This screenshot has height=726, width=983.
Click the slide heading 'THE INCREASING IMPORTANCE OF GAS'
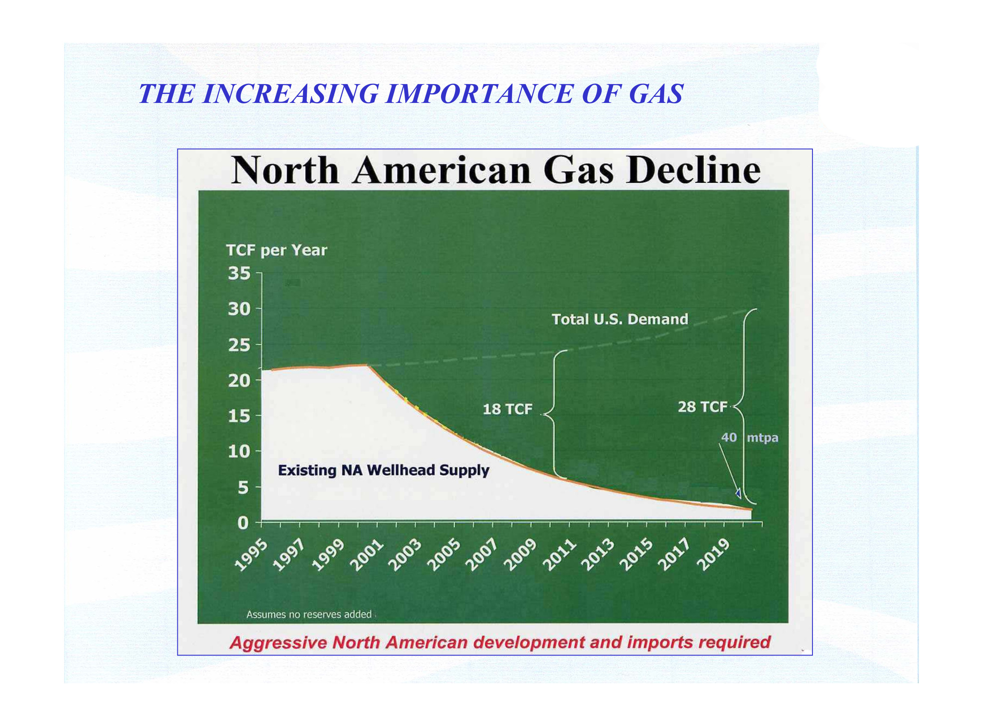coord(411,94)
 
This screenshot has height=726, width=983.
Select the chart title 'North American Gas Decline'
coord(496,170)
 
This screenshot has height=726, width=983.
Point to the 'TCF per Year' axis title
coord(277,251)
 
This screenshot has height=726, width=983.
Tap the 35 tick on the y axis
coord(239,273)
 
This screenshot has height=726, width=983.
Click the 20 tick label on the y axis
coord(239,381)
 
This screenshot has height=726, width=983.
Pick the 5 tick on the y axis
coord(243,487)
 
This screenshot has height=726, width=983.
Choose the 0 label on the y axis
coord(243,523)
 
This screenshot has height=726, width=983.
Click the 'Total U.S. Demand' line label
coord(620,319)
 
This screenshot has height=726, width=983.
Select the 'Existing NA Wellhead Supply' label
coord(383,471)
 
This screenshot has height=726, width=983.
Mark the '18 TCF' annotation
coord(508,410)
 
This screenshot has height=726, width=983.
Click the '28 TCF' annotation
coord(702,407)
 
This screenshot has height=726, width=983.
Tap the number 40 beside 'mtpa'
coord(729,438)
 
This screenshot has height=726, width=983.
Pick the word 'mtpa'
coord(762,438)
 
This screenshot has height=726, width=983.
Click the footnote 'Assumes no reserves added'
coord(309,615)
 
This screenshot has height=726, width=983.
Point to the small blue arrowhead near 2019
coord(739,494)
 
